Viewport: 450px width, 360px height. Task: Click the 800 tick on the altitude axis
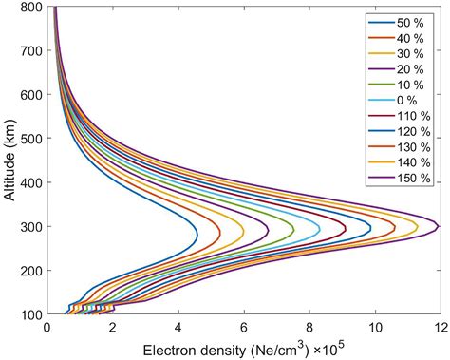pyautogui.click(x=30, y=8)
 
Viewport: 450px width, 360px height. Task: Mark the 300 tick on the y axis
pyautogui.click(x=30, y=227)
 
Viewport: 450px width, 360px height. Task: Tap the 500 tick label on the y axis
pyautogui.click(x=30, y=139)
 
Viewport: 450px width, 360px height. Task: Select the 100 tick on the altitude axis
pyautogui.click(x=30, y=314)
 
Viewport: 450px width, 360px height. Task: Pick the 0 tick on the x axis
pyautogui.click(x=48, y=328)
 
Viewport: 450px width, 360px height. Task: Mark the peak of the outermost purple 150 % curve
pyautogui.click(x=439, y=226)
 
